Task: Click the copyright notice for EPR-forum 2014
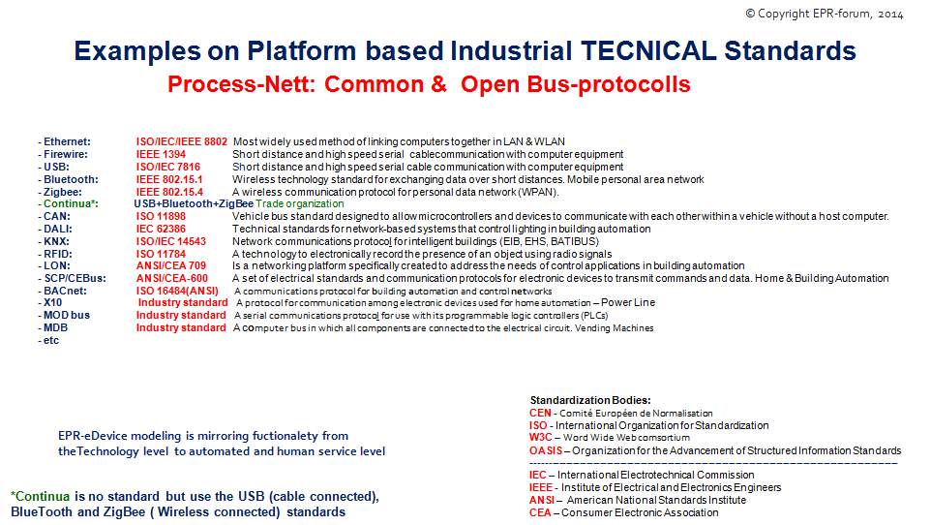tap(825, 14)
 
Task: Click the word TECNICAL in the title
tap(649, 50)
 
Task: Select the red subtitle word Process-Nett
tap(241, 84)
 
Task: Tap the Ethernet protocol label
tap(67, 141)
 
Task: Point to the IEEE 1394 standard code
tap(161, 154)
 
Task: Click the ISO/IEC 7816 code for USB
tap(168, 167)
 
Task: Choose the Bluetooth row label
tap(71, 179)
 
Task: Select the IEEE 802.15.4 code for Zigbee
tap(169, 192)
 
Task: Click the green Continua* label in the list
tap(71, 203)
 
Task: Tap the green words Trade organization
tap(300, 203)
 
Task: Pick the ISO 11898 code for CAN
tap(161, 216)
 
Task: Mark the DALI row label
tap(58, 229)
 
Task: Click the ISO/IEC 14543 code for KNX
tap(171, 241)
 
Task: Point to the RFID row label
tap(58, 253)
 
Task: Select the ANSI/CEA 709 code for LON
tap(171, 265)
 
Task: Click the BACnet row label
tap(65, 291)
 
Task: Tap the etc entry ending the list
tap(51, 340)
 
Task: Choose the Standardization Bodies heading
tap(590, 400)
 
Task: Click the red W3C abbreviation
tap(540, 437)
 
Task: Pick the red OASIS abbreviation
tap(546, 450)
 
